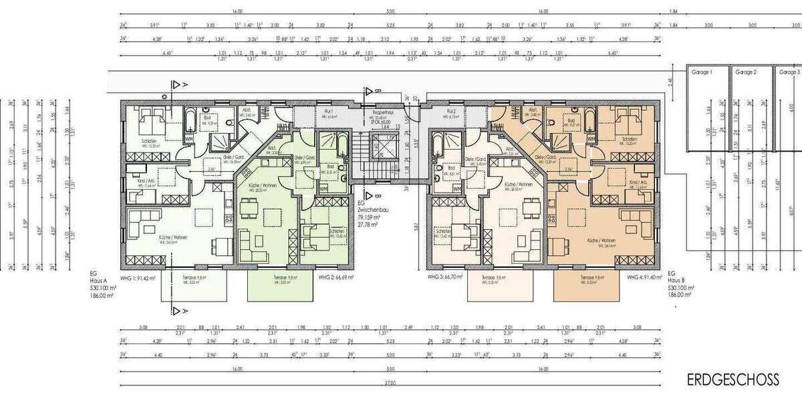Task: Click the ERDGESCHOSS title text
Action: click(732, 380)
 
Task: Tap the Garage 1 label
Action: click(701, 72)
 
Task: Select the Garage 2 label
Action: click(745, 72)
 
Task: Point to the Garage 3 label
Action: click(789, 72)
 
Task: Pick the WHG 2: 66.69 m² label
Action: click(336, 277)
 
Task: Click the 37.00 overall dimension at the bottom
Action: click(390, 384)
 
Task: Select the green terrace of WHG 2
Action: click(280, 287)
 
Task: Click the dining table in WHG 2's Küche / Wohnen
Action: click(249, 210)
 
